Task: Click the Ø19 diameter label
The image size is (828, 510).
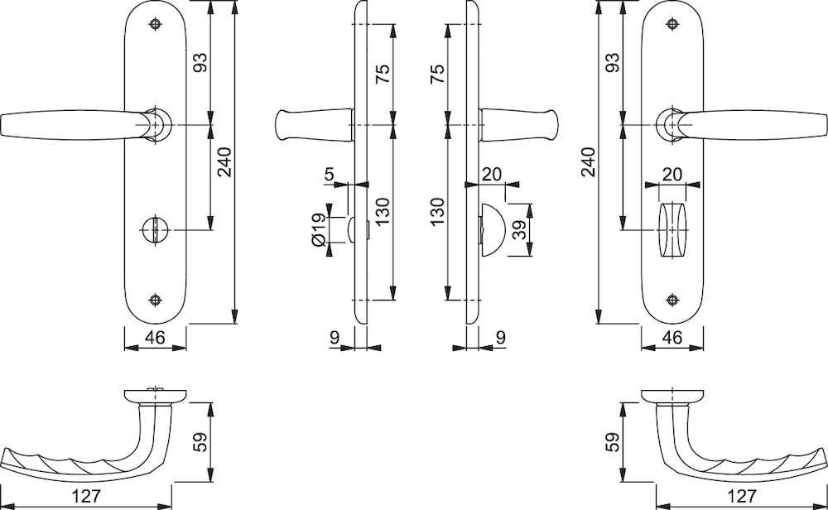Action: pyautogui.click(x=318, y=230)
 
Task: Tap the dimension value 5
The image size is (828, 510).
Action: pyautogui.click(x=330, y=174)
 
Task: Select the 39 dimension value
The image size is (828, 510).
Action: pyautogui.click(x=521, y=230)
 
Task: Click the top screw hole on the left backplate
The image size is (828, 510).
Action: pyautogui.click(x=155, y=24)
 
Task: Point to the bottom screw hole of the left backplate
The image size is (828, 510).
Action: pyautogui.click(x=155, y=300)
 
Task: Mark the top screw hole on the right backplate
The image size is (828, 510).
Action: pyautogui.click(x=672, y=24)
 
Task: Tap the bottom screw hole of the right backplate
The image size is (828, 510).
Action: pyautogui.click(x=672, y=300)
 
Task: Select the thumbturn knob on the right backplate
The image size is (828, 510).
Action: pyautogui.click(x=672, y=230)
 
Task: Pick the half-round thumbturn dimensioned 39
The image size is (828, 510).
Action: pyautogui.click(x=492, y=230)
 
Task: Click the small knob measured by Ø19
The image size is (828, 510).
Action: pyautogui.click(x=352, y=230)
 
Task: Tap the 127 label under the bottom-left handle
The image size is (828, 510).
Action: pyautogui.click(x=85, y=496)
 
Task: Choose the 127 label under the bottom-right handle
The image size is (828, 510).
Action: pyautogui.click(x=742, y=496)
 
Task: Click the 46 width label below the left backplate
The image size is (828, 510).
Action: pyautogui.click(x=155, y=337)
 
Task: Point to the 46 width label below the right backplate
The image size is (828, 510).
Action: pyautogui.click(x=672, y=337)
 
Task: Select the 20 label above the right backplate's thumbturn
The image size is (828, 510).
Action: pyautogui.click(x=672, y=174)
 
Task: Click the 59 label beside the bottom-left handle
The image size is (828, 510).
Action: pyautogui.click(x=200, y=442)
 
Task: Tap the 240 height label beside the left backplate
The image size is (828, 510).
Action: pyautogui.click(x=224, y=162)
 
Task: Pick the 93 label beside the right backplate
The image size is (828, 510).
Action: pyautogui.click(x=613, y=63)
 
